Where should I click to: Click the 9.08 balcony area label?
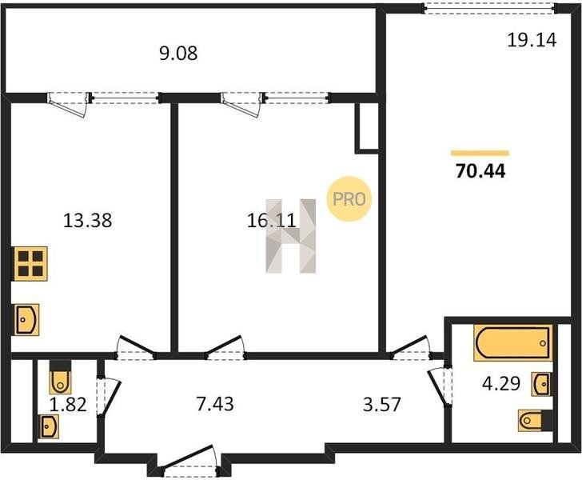pos(178,54)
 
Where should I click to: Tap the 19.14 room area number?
pos(532,40)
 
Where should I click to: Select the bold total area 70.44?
pos(480,171)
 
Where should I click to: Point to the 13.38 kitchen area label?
pos(88,220)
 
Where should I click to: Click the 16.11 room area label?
pos(272,221)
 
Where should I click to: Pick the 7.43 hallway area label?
pos(215,404)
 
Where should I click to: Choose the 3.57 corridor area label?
pos(382,405)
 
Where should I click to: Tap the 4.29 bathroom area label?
pos(501,384)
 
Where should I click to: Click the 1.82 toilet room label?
pos(68,405)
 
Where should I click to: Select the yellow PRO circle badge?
pos(349,198)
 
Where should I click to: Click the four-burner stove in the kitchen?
pos(30,263)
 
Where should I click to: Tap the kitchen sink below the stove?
pos(26,320)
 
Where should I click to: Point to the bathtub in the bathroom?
pos(513,343)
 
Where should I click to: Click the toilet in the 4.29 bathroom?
pos(535,421)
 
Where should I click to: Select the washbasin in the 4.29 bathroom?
pos(541,384)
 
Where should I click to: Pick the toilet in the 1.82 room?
pos(60,378)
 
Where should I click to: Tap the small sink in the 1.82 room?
pos(50,426)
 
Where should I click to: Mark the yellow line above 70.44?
pos(480,153)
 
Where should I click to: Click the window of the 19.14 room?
pos(490,8)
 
